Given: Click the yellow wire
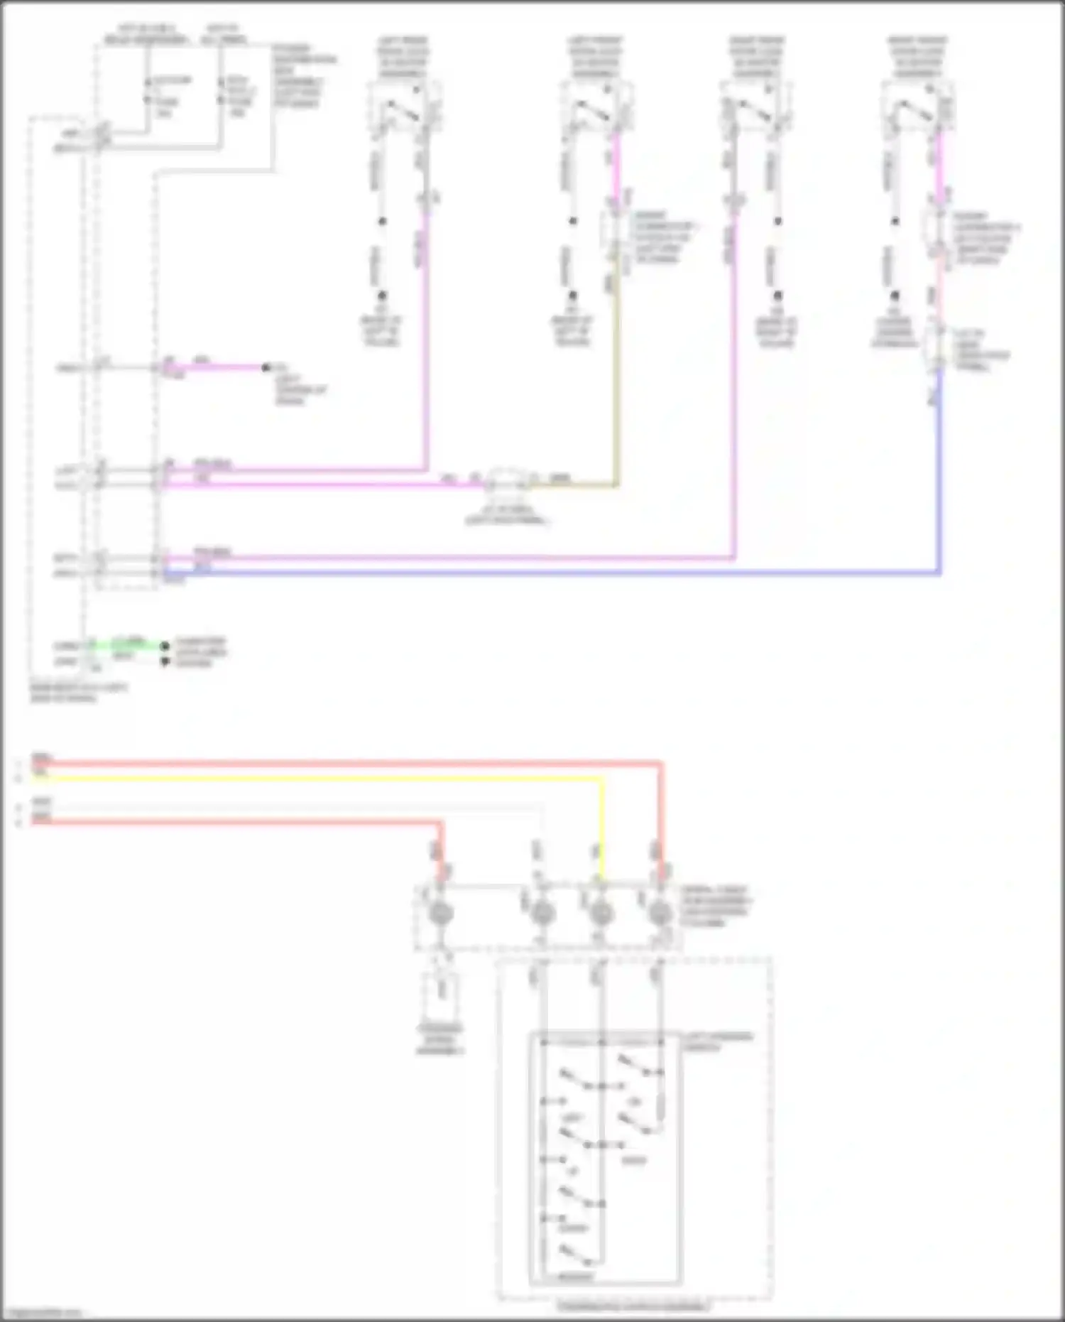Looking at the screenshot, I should tap(319, 778).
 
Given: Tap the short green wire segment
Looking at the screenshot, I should tap(128, 644).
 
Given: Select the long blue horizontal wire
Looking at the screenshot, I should tap(554, 572).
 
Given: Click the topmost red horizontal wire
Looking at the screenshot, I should tap(348, 764).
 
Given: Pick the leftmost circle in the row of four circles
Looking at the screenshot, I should tap(440, 914).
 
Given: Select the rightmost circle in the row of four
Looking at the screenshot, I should tap(660, 914).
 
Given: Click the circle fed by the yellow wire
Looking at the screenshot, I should tap(601, 914).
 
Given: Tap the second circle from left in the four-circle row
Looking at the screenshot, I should tap(542, 914).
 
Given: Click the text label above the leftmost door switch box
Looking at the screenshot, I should tap(402, 57).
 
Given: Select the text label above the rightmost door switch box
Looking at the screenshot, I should tap(917, 57).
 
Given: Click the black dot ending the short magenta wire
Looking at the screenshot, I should tap(266, 367).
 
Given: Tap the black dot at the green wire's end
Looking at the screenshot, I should tap(165, 646).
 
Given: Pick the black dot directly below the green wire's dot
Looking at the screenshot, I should tap(165, 661).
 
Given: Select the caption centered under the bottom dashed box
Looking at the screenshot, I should tap(633, 1306).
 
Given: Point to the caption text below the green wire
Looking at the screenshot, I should tap(78, 693).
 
